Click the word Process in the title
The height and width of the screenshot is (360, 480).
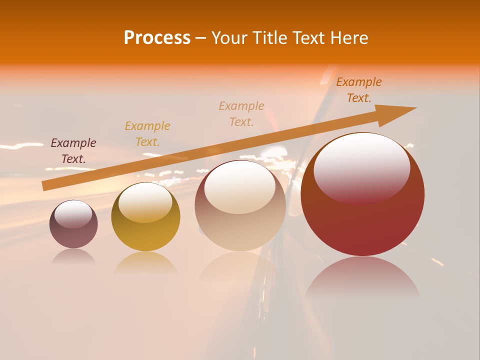[x=157, y=38]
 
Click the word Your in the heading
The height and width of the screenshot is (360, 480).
[x=229, y=38]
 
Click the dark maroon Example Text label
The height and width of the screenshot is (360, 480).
[x=73, y=151]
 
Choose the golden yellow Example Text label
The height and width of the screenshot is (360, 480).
[x=147, y=134]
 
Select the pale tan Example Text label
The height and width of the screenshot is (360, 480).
[x=241, y=114]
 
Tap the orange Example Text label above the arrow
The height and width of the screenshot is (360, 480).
[x=359, y=90]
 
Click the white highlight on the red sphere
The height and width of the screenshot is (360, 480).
[x=362, y=167]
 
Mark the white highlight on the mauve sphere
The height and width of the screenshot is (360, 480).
[x=73, y=214]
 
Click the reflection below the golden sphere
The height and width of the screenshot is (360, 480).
[x=145, y=263]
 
